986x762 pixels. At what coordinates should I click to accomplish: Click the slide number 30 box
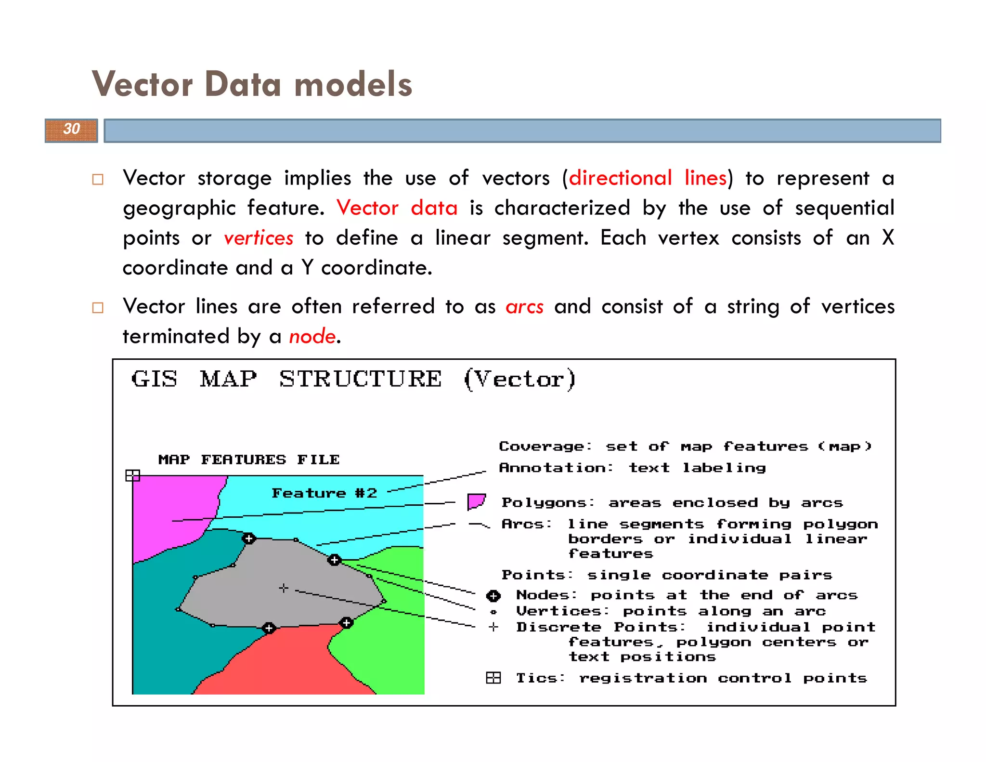[x=71, y=130]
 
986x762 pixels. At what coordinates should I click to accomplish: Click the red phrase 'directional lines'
[x=648, y=178]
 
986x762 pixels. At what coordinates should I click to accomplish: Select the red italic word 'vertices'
[x=259, y=238]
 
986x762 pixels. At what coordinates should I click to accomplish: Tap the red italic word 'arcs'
[x=524, y=307]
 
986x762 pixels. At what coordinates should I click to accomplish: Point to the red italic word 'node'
[x=312, y=336]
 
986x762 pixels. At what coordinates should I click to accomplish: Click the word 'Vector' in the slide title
[x=143, y=84]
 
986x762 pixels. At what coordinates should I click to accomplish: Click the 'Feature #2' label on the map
[x=324, y=493]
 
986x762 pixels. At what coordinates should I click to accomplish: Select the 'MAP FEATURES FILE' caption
[x=249, y=460]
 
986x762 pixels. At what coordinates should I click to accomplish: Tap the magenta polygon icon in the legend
[x=476, y=501]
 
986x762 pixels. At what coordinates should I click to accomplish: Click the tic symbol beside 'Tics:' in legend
[x=493, y=678]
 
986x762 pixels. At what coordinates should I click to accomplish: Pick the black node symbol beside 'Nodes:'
[x=493, y=596]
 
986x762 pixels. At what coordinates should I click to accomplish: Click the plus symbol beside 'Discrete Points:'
[x=493, y=627]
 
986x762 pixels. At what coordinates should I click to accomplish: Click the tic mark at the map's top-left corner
[x=132, y=475]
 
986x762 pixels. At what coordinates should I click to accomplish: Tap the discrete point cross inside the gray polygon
[x=284, y=588]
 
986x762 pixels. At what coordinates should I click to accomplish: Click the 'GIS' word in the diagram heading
[x=154, y=379]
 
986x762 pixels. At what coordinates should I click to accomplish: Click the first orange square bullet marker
[x=98, y=180]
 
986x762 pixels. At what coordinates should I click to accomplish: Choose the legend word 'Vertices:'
[x=562, y=611]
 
